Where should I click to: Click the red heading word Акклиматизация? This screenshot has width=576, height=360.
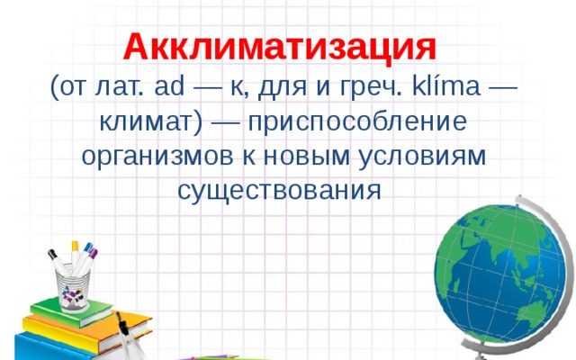point(280,48)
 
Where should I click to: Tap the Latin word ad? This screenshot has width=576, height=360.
point(169,86)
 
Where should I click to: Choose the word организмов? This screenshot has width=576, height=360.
point(157,157)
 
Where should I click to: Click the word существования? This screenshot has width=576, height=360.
point(279,190)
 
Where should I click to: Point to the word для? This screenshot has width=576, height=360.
point(282,88)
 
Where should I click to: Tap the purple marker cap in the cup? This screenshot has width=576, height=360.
point(93,253)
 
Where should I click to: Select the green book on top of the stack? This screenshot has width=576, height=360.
point(72,312)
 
